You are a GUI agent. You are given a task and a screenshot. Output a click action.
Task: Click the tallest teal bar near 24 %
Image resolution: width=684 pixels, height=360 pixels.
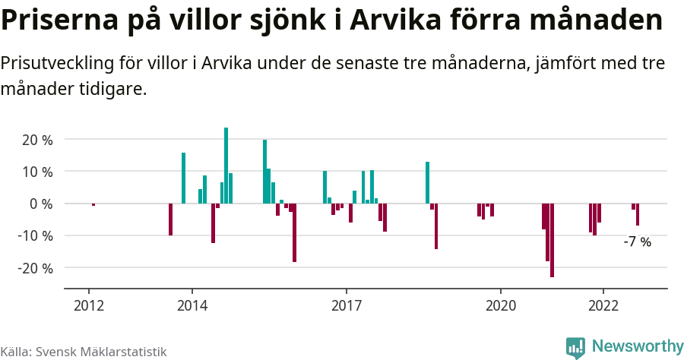point(226,166)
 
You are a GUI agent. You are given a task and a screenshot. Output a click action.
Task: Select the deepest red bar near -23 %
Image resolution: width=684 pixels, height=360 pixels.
point(552,240)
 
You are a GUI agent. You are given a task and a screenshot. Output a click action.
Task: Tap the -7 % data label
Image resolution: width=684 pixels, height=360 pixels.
point(637,242)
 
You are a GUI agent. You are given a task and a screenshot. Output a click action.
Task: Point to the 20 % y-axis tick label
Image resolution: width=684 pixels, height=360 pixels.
point(37,140)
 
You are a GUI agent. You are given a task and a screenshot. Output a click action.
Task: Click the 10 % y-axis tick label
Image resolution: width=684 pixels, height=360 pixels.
point(37,172)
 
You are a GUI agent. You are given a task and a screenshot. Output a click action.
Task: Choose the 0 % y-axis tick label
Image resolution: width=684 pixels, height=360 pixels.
point(41,204)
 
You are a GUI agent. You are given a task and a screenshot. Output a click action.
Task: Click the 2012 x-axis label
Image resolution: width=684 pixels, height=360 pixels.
point(89,305)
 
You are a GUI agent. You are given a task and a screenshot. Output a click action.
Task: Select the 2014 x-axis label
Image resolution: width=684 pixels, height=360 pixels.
point(192,305)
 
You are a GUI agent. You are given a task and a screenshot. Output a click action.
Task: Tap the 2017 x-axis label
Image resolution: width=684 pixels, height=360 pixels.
point(347,305)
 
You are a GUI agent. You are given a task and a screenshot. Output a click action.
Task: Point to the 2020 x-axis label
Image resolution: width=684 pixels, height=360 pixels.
point(501,305)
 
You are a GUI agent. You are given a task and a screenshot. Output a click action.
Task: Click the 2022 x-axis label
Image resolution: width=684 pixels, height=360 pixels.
point(603,305)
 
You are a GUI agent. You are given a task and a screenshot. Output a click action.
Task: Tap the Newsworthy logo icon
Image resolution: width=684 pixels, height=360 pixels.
point(575,347)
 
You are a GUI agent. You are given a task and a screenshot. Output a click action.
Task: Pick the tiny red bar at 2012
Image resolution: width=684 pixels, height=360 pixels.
point(93,204)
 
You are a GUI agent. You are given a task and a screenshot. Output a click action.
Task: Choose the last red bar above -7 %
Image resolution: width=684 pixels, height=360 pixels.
point(638,214)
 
